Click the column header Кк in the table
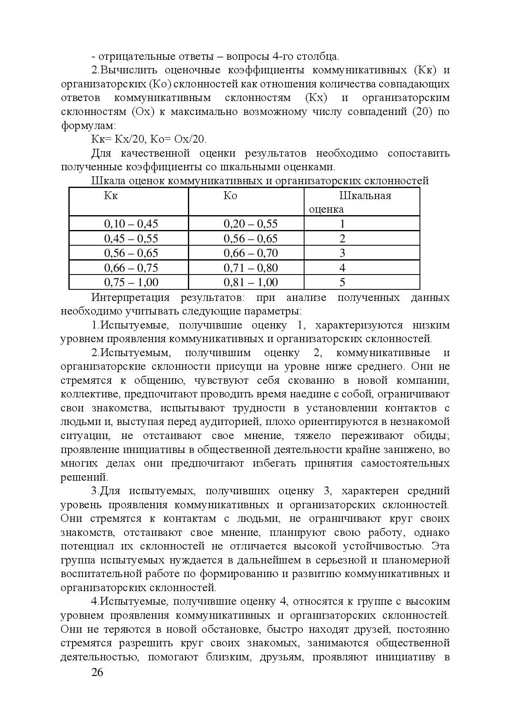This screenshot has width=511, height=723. [x=110, y=195]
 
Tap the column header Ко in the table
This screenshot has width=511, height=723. [x=230, y=195]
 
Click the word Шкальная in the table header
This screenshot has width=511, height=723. [x=365, y=195]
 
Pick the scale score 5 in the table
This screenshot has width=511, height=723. [x=342, y=282]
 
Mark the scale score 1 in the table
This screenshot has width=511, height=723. [x=342, y=224]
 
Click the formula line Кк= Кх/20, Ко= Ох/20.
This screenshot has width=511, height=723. [x=149, y=139]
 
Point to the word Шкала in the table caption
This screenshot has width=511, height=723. [x=108, y=181]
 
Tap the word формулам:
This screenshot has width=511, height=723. [x=88, y=126]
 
